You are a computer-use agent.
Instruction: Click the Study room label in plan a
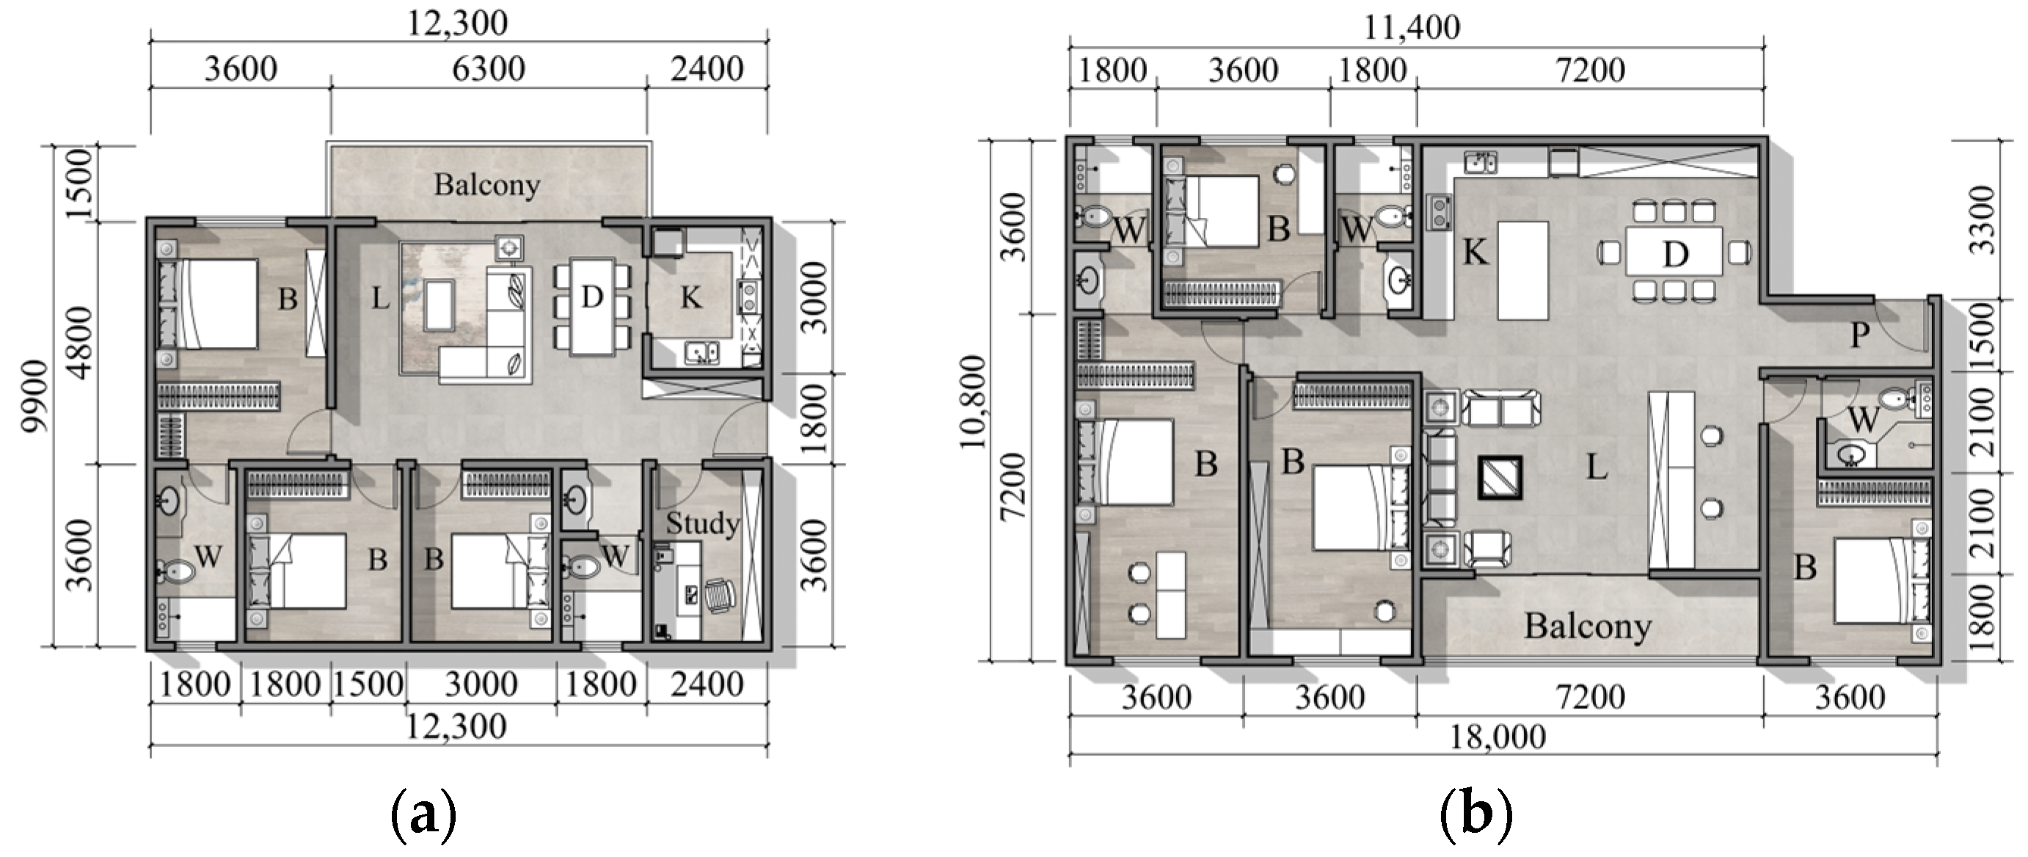click(702, 523)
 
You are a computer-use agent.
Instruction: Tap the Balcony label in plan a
click(487, 185)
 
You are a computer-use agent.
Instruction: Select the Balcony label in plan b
click(1587, 627)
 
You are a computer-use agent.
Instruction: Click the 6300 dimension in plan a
click(488, 69)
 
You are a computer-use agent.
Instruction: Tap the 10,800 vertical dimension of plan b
click(972, 401)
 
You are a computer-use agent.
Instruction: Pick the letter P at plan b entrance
click(1859, 336)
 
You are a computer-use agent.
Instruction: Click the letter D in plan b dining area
click(1674, 254)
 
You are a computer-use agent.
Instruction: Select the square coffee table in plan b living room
click(1499, 478)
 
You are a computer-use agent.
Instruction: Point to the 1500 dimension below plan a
click(368, 684)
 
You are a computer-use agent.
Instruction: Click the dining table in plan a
click(592, 306)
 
